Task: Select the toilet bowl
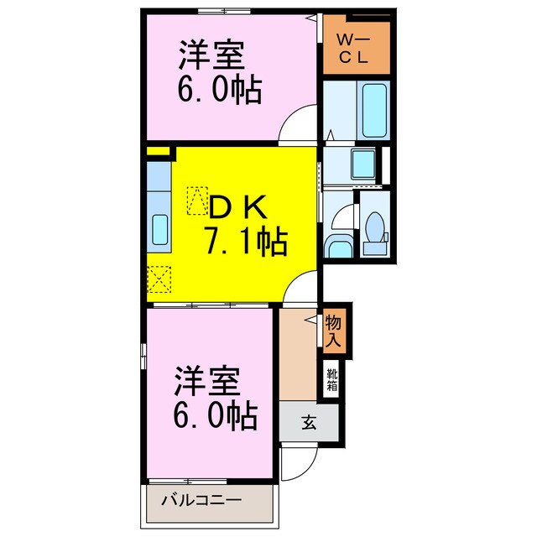373,227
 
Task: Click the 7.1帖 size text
244,244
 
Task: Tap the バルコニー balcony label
201,500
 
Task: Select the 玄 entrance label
309,422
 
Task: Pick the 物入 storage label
333,331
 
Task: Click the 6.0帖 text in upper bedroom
216,88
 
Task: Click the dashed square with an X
159,278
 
